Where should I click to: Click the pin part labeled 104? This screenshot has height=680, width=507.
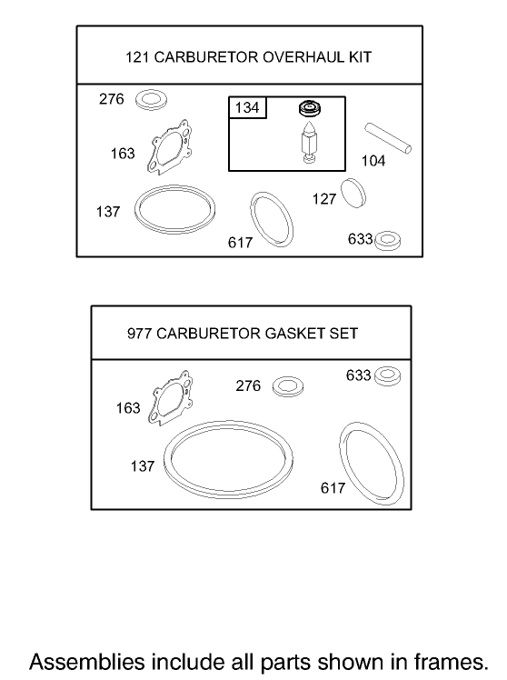(x=389, y=136)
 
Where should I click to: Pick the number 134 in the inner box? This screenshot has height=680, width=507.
(x=247, y=108)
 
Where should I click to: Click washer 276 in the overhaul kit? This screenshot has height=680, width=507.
(x=149, y=99)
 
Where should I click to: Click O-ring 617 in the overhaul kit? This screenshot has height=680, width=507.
(x=271, y=218)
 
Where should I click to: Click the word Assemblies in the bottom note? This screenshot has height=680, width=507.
(x=79, y=659)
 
